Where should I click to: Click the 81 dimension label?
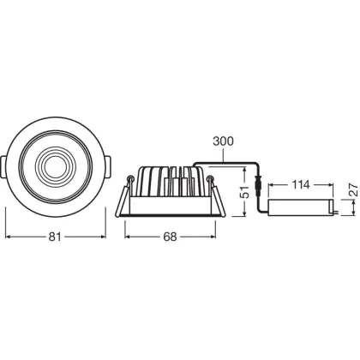[55, 237]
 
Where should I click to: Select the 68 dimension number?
[170, 237]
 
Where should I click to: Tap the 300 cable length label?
[223, 141]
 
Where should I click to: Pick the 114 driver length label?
[301, 185]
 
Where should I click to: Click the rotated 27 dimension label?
[354, 189]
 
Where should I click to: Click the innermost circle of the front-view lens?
[56, 166]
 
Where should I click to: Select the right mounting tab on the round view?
[108, 166]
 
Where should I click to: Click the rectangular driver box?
[301, 207]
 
